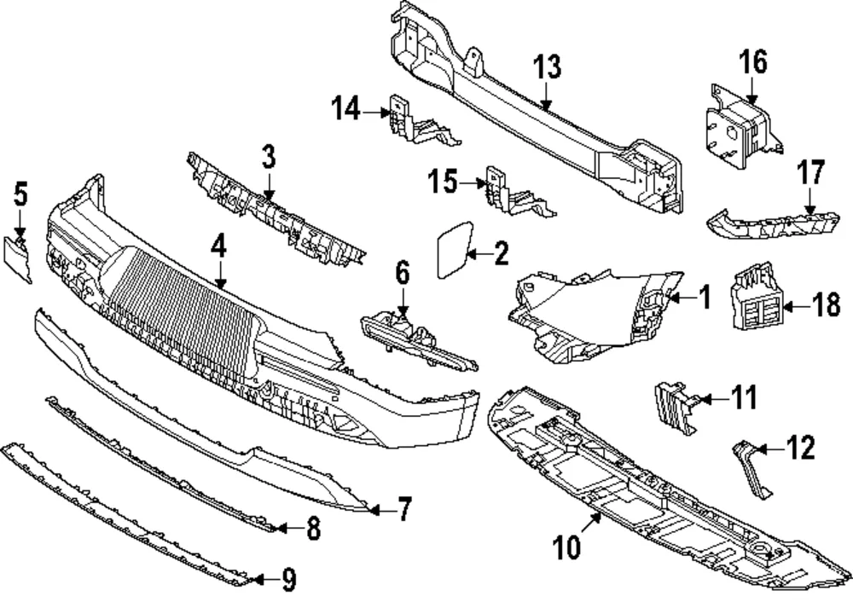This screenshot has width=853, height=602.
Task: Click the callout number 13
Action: coord(547,67)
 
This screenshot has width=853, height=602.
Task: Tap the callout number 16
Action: coord(753,62)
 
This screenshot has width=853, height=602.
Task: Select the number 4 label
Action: coord(218,247)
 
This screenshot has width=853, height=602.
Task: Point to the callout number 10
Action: coord(567,547)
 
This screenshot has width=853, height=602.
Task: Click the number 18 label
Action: coord(826,305)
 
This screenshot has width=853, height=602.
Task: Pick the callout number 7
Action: coord(404,510)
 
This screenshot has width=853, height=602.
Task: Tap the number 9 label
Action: coord(289,580)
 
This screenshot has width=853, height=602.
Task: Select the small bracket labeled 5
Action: coord(17,258)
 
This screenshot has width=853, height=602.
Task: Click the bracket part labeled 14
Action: coord(419,122)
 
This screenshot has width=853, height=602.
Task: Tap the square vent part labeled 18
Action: coord(754,297)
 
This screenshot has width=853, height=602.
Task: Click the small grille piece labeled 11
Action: coord(674,407)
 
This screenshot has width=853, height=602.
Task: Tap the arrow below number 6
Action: coord(403,302)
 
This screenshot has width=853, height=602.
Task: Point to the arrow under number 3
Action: coord(268,184)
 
